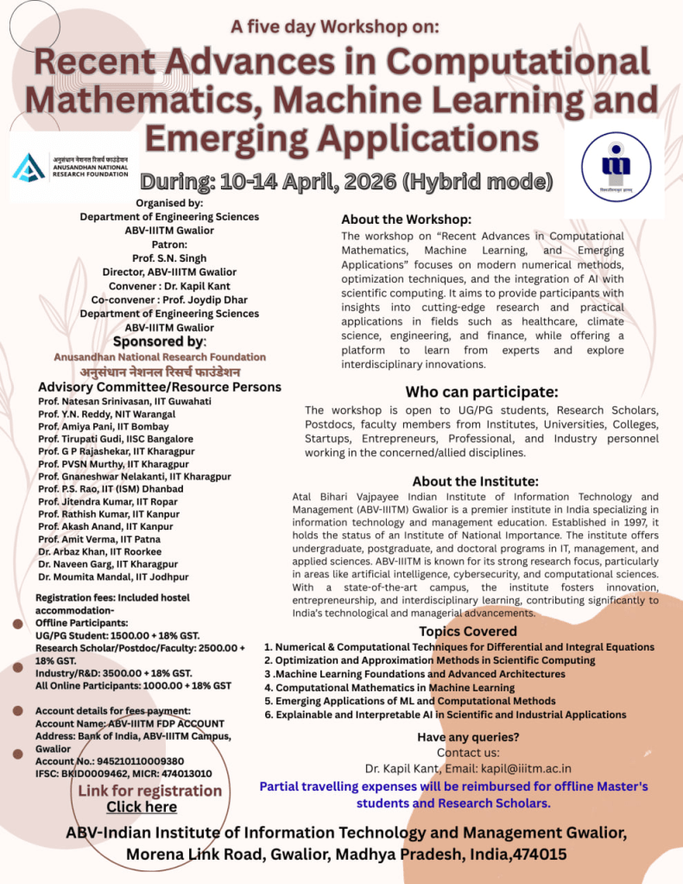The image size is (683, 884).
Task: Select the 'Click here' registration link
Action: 142,806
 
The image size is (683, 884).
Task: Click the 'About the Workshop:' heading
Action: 406,219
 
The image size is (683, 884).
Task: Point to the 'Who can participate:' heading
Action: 481,391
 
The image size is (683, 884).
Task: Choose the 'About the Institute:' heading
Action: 475,481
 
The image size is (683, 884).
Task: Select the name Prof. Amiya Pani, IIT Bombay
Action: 90,427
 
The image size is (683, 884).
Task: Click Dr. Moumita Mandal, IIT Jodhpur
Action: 113,576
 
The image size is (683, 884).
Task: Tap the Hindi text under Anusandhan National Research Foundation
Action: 160,372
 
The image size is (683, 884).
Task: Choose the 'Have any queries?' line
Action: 468,737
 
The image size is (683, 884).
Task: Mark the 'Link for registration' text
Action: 150,791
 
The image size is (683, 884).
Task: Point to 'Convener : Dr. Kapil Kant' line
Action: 168,286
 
